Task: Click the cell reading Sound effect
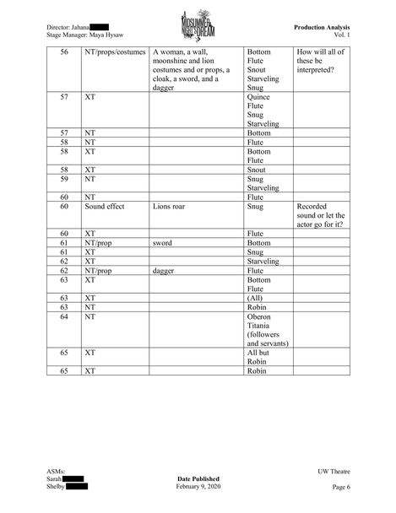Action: [105, 205]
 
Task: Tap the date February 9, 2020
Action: [200, 488]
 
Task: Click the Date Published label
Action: [199, 478]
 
